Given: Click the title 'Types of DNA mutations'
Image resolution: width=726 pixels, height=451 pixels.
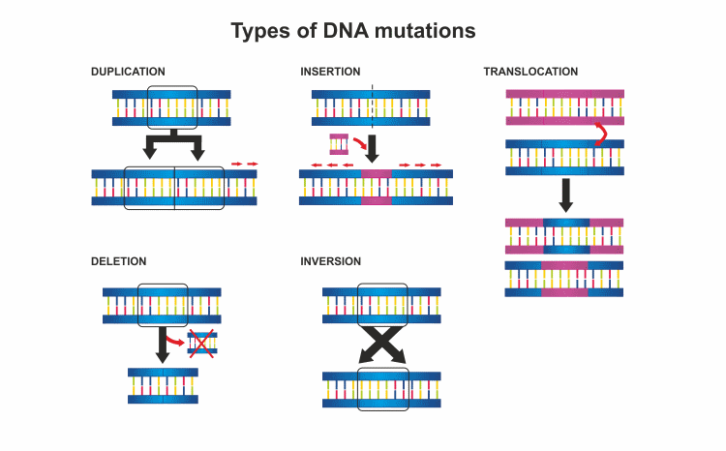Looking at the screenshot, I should coord(353,31).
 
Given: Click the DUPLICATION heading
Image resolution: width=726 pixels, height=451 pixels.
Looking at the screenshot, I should coord(128,72).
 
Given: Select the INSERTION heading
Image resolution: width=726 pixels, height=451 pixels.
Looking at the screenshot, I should coord(330,72).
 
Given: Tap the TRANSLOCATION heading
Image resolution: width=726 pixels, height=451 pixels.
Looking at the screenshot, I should coord(530,72).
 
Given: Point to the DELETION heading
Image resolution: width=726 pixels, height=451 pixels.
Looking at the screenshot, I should coord(118,261).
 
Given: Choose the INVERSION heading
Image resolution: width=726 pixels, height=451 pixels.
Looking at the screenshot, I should coord(330,261).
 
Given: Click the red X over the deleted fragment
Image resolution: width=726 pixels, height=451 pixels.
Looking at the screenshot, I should coord(202,345).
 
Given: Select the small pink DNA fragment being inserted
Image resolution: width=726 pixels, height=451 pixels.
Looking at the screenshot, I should coord(338,144).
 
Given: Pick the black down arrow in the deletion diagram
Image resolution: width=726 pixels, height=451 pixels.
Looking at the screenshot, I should coord(163,345).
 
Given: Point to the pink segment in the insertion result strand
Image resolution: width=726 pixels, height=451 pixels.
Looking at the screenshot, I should coord(378,187).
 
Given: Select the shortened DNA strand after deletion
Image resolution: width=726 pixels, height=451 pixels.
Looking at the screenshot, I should coord(163,385).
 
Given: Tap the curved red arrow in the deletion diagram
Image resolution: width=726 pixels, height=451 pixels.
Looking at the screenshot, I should coord(175,340).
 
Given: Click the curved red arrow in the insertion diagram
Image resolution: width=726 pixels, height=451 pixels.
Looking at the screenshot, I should coord(357,144).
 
